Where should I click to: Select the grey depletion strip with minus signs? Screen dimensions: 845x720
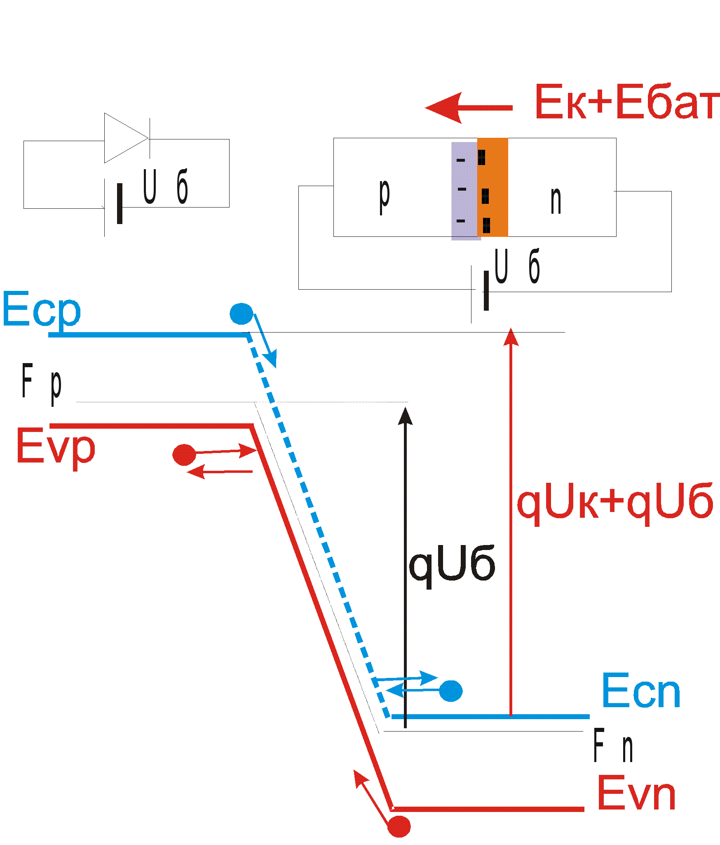(x=464, y=190)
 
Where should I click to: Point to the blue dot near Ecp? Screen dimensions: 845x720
(x=241, y=314)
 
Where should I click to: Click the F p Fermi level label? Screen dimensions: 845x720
(x=42, y=383)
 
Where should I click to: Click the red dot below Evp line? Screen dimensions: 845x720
(x=184, y=455)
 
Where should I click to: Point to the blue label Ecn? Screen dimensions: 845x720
(x=641, y=691)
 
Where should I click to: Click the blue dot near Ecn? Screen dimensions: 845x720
(x=450, y=691)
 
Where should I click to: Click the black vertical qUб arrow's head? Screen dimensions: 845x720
(x=405, y=416)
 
